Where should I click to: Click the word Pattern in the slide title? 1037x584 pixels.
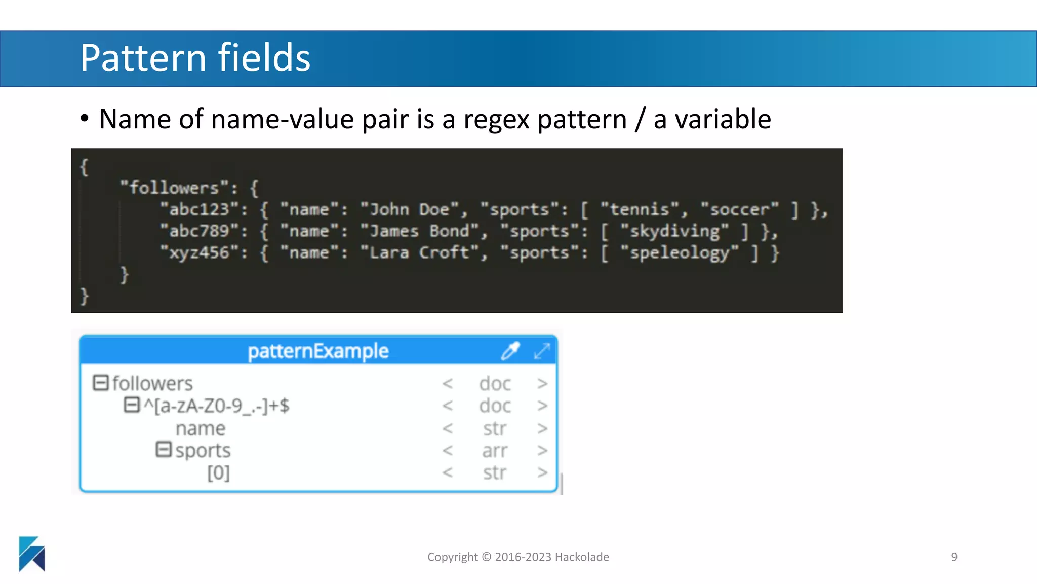point(143,58)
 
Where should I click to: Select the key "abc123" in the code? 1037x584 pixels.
point(199,209)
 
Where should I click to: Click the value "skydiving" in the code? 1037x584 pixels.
point(674,231)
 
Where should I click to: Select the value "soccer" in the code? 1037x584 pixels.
point(739,209)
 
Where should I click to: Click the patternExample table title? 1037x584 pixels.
point(318,351)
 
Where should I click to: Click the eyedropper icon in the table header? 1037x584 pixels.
point(510,351)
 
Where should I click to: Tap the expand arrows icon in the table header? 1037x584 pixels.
point(542,351)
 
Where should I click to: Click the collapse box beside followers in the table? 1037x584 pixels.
point(101,383)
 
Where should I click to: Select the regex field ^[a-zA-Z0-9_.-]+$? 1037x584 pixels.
point(217,406)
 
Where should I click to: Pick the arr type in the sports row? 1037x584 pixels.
point(494,450)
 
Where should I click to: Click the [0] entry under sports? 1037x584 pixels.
point(218,472)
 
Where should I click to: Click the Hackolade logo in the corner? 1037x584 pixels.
point(32,554)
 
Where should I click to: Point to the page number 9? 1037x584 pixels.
point(954,557)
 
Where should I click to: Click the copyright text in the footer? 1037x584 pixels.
point(518,557)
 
